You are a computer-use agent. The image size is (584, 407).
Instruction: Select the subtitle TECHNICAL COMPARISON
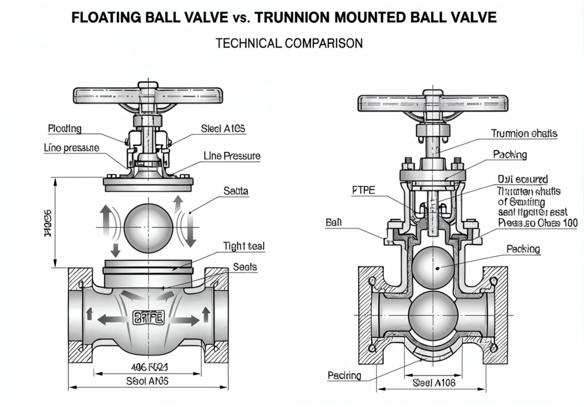pos(289,43)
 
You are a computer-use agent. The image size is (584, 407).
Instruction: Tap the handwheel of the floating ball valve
pos(148,95)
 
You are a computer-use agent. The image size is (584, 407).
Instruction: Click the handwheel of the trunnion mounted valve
pos(432,103)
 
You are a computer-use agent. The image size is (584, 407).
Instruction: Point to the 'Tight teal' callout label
pos(245,247)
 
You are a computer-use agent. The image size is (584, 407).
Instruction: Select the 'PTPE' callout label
pos(361,191)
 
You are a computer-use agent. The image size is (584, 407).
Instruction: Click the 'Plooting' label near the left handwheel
pos(64,128)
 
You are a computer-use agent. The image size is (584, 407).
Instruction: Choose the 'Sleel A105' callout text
pos(223,129)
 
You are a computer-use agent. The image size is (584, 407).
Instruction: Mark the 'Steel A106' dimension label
pos(434,384)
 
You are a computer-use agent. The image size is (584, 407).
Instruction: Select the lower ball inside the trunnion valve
pos(433,312)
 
